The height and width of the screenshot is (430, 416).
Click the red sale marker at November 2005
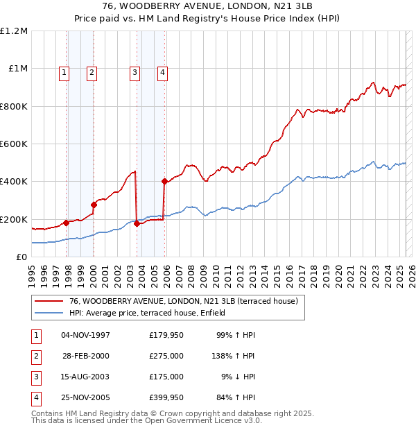point(165,182)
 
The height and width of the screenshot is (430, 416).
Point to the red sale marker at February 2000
point(94,205)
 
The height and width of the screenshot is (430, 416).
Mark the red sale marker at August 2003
point(137,224)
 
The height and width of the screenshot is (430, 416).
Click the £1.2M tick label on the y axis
point(14,31)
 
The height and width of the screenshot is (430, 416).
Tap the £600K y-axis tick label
point(14,144)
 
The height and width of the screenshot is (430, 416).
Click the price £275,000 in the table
point(166,356)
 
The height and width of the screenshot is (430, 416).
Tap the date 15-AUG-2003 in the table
point(85,377)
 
